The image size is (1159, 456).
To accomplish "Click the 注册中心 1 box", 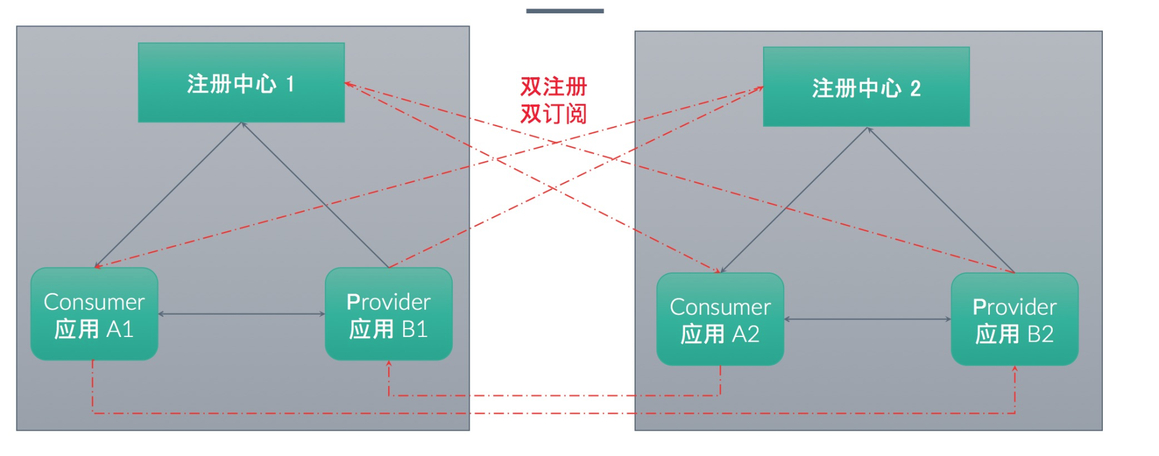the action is point(241,83).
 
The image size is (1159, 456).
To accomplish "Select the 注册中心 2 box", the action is point(866,87).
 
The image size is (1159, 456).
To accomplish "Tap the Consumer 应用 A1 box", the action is point(94,314).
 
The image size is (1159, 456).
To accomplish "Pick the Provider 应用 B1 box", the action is point(389,314).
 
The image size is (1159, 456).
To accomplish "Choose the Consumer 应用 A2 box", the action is point(720,319).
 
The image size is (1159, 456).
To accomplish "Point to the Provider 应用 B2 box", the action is point(1015,319).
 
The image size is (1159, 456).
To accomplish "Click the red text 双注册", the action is point(554,86).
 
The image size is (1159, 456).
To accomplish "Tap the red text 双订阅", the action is point(554,114).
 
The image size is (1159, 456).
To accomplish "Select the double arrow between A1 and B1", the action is point(241,314).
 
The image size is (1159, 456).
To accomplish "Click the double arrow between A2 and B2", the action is point(867,319).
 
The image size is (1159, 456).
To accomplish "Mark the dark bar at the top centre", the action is point(565,11).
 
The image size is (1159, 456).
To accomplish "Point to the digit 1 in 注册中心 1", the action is point(290,84).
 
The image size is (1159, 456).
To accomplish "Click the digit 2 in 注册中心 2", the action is point(915,89).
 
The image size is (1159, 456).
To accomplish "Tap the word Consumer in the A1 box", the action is point(94,302).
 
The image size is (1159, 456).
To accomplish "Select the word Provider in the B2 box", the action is point(1015,307).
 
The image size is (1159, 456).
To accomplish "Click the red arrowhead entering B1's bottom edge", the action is point(389,364).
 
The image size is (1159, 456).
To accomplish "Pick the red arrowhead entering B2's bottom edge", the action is point(1015,368).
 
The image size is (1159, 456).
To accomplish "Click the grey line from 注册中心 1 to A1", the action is point(168,195).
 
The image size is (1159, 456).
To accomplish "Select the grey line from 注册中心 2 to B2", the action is point(941,200).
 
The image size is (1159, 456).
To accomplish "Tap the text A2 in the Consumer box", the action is point(746,334).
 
